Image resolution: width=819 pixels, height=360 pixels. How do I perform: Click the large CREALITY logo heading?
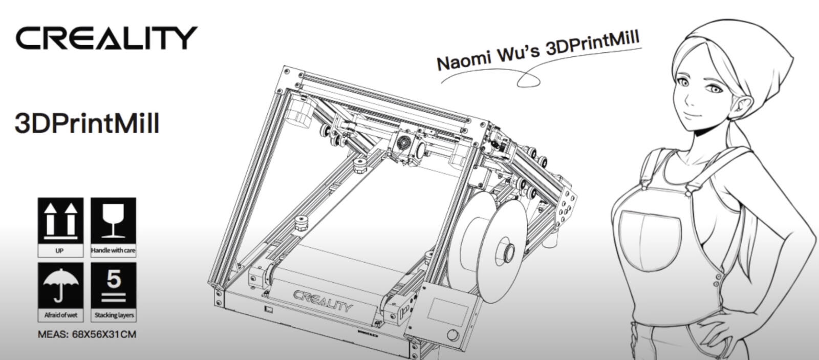tap(106, 38)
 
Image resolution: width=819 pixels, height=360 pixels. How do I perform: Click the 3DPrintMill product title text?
tap(87, 123)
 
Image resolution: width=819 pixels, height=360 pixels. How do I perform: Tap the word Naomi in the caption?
tap(463, 61)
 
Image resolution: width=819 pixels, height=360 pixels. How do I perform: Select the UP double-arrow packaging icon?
tap(61, 221)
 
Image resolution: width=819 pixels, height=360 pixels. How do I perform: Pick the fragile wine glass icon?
tap(113, 221)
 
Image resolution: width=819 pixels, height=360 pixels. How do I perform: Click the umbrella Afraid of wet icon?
tap(61, 286)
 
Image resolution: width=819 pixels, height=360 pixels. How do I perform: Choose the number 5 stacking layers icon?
tap(113, 286)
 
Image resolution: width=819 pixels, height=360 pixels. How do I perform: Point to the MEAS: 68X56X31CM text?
tap(87, 334)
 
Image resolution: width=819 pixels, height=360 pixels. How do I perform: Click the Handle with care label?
tap(113, 250)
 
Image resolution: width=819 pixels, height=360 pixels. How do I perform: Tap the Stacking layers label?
tap(114, 315)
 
